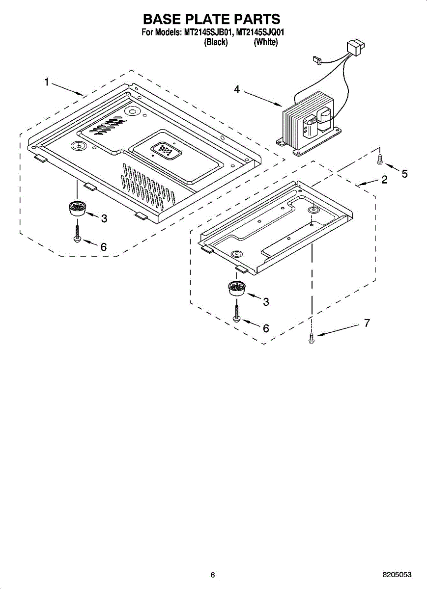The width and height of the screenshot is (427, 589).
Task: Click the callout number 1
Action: (47, 82)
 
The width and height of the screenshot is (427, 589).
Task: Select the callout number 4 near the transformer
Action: (237, 90)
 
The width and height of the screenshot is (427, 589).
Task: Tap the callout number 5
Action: (404, 173)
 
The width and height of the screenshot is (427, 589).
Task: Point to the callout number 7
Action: (366, 323)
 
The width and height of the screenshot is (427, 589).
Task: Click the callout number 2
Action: (384, 180)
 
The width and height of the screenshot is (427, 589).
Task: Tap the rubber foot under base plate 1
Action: (76, 208)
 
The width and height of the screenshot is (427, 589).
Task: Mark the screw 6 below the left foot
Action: (77, 233)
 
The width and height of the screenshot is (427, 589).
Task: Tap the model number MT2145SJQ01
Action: (260, 33)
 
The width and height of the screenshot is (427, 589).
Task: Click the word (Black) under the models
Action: (216, 42)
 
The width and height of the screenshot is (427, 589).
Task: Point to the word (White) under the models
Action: (266, 42)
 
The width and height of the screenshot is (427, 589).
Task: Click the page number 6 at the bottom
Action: (213, 575)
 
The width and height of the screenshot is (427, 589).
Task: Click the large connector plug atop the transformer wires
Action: (355, 48)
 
